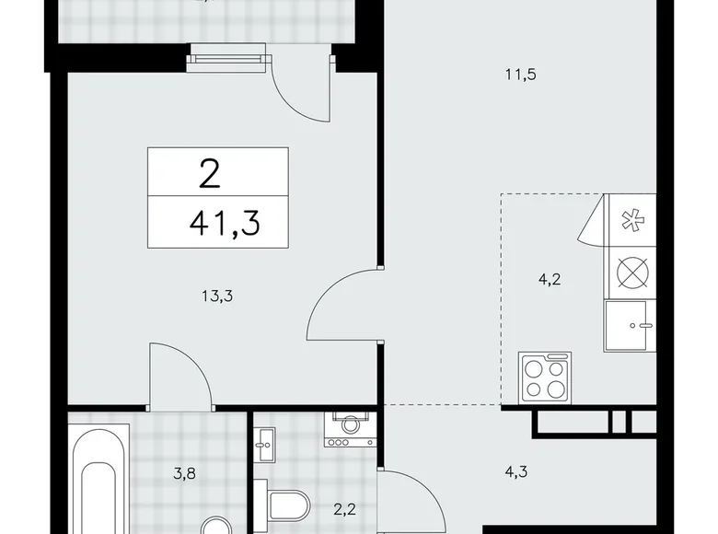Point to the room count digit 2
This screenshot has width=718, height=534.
(209, 171)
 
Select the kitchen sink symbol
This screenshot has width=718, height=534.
(629, 324)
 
